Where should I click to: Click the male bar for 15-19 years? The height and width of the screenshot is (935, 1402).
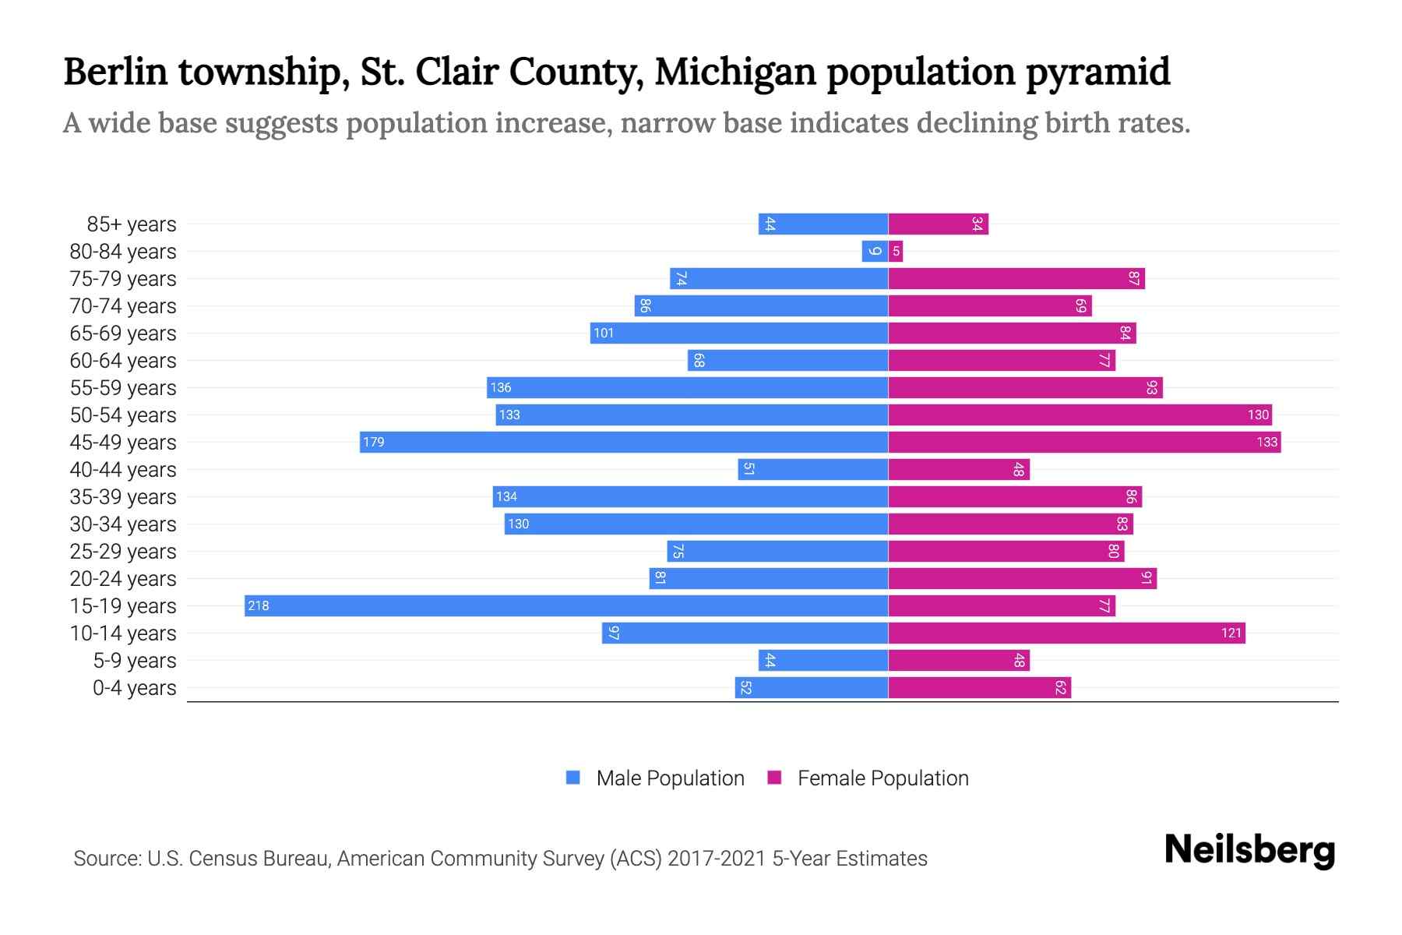[566, 605]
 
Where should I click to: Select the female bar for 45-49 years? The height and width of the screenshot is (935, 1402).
[1084, 442]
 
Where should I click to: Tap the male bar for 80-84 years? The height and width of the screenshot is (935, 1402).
[875, 251]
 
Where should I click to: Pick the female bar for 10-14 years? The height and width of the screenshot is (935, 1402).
[1066, 633]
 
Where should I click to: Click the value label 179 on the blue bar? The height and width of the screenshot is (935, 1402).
[374, 442]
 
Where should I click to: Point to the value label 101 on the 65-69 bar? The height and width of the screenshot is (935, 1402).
[604, 333]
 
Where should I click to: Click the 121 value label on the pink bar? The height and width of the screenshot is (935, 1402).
[1231, 633]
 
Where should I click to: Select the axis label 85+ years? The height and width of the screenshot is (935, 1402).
[132, 224]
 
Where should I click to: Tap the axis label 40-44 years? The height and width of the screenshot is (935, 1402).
[123, 470]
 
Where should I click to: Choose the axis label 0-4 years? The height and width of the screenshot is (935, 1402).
[134, 688]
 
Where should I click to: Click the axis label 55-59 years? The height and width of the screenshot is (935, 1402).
[123, 388]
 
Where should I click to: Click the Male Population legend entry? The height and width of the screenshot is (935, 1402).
[669, 778]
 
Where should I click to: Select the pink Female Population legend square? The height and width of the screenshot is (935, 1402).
[774, 778]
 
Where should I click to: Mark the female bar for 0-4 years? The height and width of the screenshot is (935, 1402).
[979, 687]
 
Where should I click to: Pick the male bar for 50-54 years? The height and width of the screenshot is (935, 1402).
[692, 415]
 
